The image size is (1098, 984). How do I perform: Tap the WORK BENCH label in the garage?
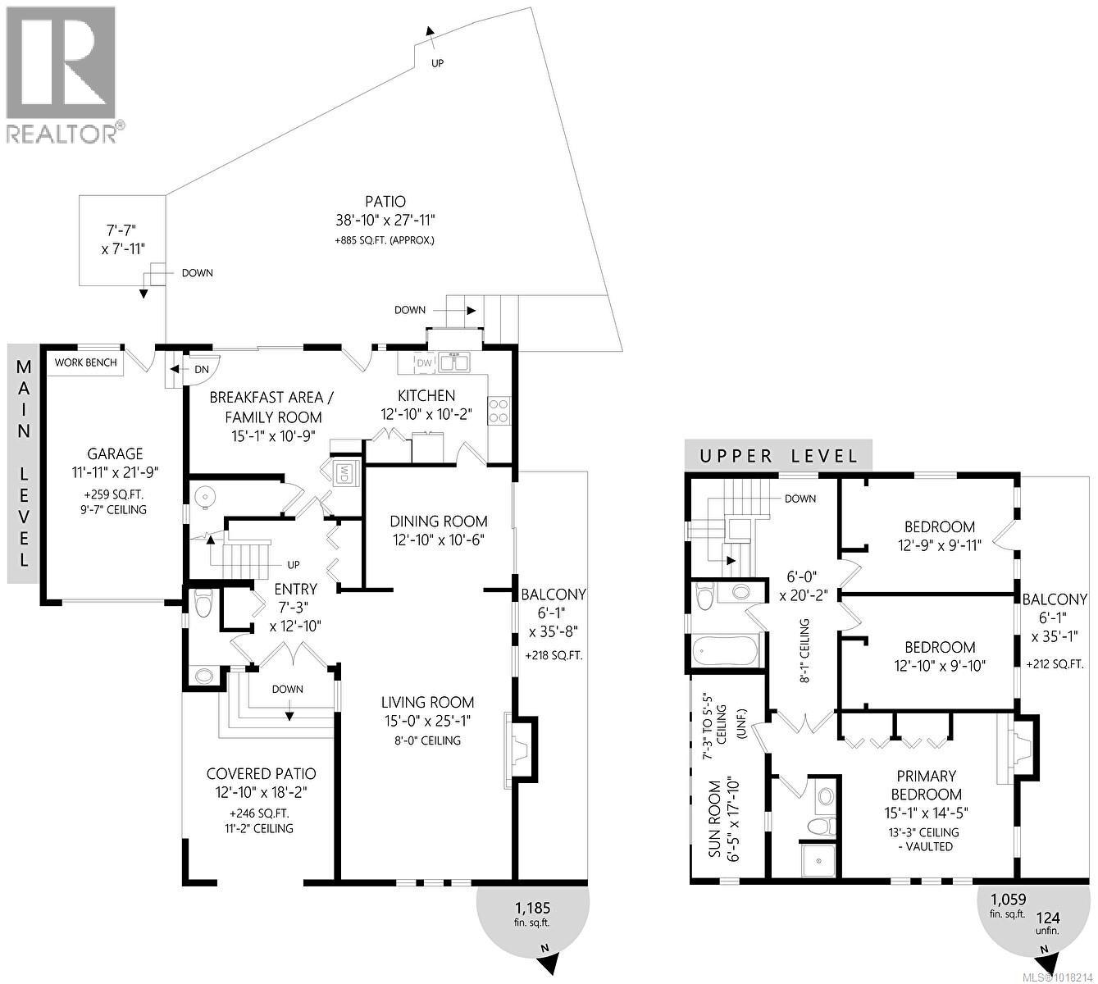(x=85, y=362)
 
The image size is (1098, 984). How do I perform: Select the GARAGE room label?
(x=116, y=453)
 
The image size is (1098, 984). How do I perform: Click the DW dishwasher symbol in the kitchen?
(x=423, y=362)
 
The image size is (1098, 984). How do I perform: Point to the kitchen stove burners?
(x=499, y=409)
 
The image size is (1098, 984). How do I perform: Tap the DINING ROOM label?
(x=438, y=522)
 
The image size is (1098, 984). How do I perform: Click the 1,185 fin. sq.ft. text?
(x=532, y=914)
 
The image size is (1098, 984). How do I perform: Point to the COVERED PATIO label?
(x=261, y=774)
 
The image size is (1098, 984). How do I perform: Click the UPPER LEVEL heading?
(x=778, y=456)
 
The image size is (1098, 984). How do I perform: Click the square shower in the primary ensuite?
(x=818, y=859)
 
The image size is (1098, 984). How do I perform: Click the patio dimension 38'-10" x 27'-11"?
(x=385, y=221)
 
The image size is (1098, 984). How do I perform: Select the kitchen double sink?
(x=452, y=362)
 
